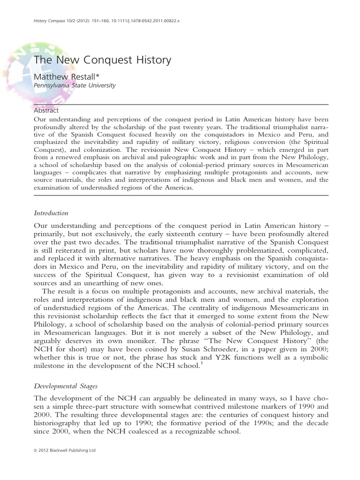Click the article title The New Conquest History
tap(102, 60)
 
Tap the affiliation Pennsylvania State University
tap(82, 86)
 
